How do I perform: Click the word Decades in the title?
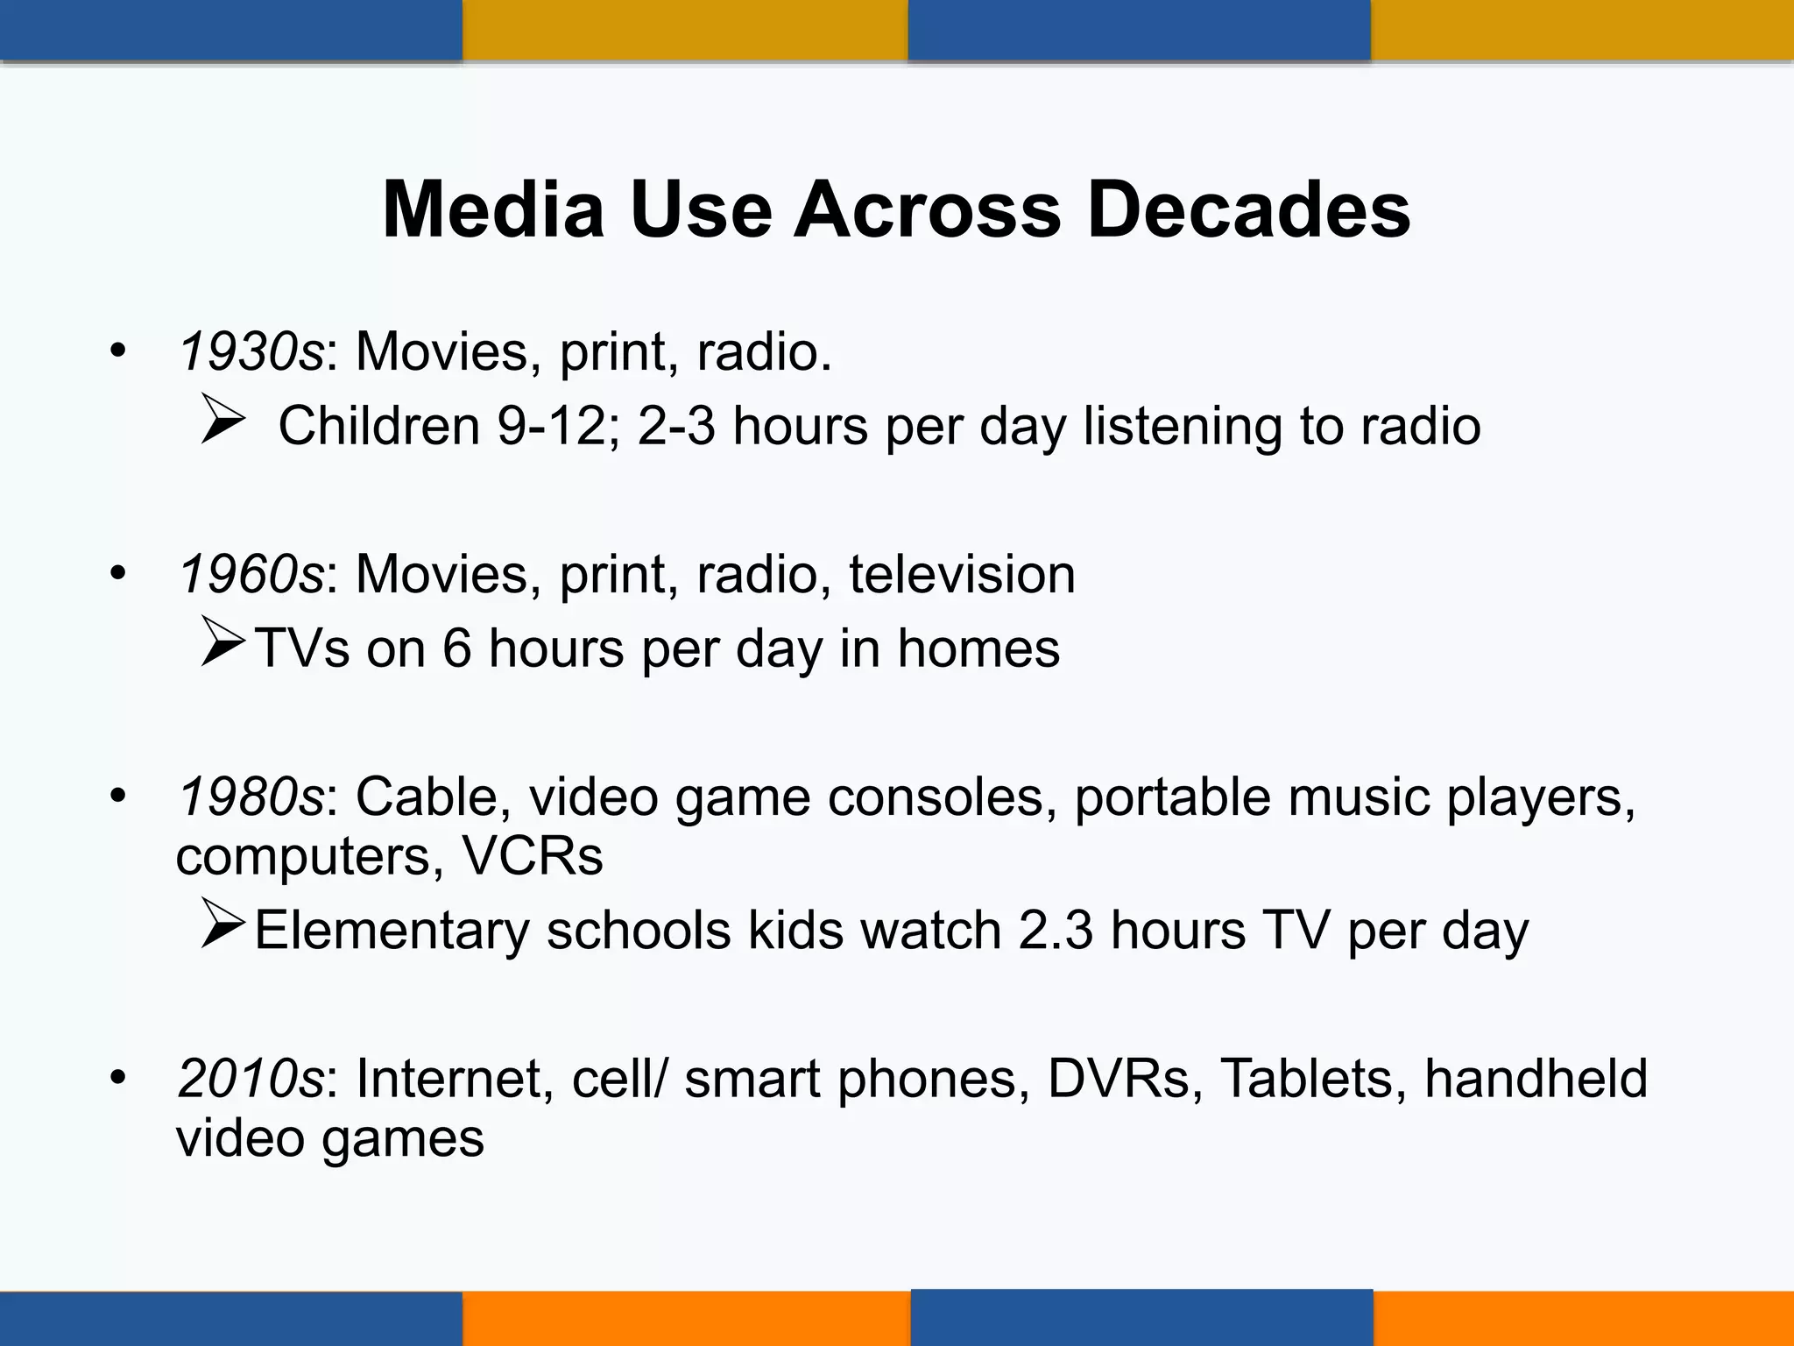(x=1248, y=210)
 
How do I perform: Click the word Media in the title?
(x=493, y=210)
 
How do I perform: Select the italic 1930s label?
(x=251, y=352)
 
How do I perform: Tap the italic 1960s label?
(x=251, y=575)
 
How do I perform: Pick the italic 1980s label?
(x=251, y=797)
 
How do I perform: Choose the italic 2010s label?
(x=251, y=1079)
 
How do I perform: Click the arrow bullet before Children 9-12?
(x=222, y=419)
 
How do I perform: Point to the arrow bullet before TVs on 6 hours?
(x=222, y=641)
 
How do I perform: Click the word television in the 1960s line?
(x=961, y=575)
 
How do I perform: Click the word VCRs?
(x=533, y=856)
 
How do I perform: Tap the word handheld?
(x=1536, y=1079)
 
